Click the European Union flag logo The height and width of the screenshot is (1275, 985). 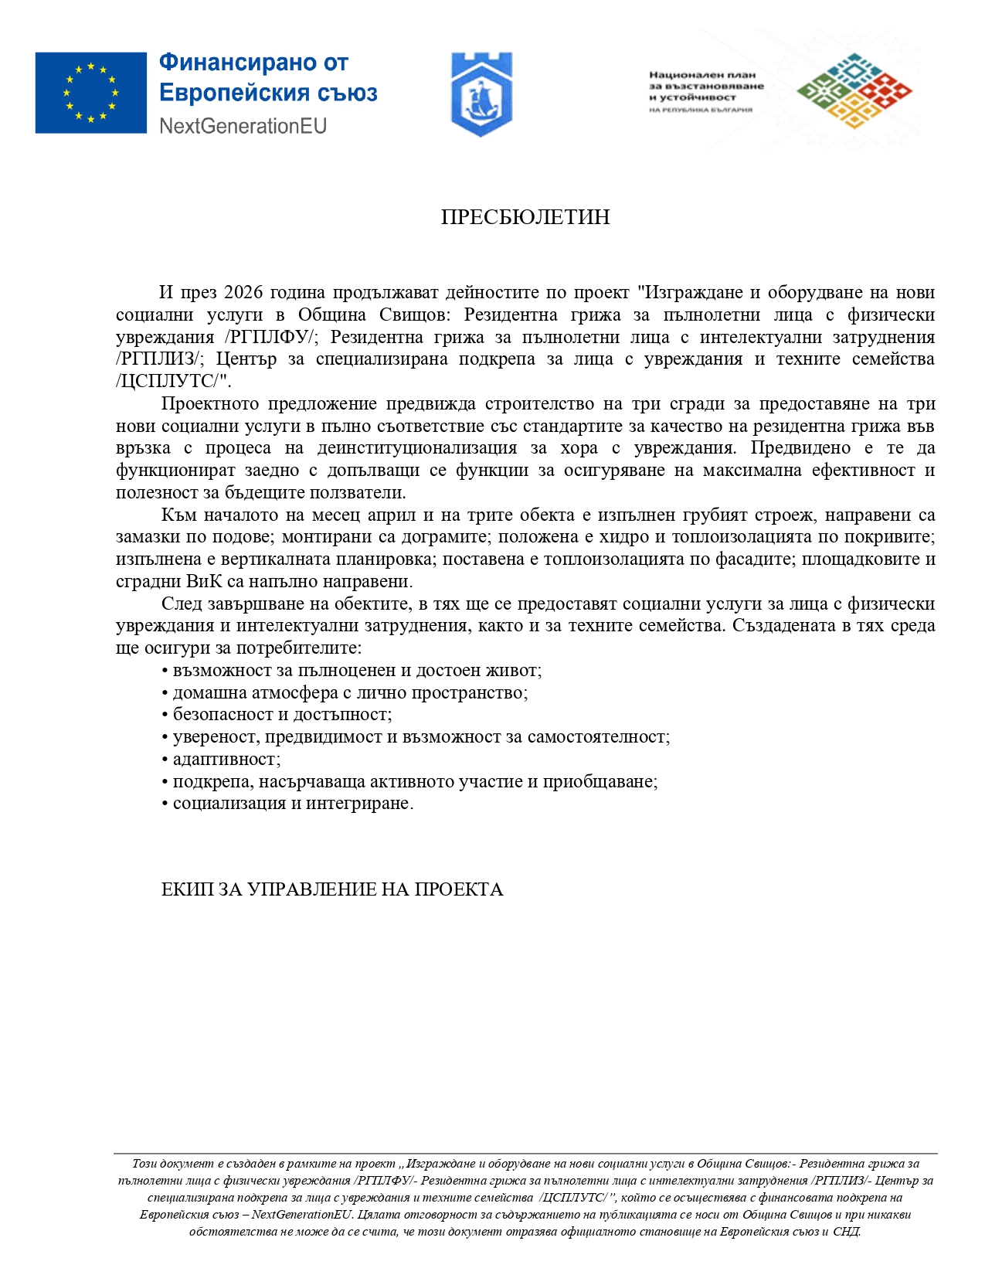pos(90,93)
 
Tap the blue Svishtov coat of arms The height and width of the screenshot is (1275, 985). pos(481,94)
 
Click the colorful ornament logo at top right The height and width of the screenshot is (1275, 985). pos(854,90)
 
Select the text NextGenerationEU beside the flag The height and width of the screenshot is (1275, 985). pos(243,126)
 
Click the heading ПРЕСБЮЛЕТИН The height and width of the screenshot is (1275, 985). pos(525,217)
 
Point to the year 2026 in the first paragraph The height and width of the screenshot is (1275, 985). pos(243,292)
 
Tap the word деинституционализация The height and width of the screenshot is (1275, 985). pos(417,448)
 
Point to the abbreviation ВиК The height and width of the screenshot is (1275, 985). pos(205,581)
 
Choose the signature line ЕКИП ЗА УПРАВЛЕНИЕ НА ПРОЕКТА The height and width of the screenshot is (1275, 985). pos(332,889)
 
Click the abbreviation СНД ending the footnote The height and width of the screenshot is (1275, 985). pos(846,1232)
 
